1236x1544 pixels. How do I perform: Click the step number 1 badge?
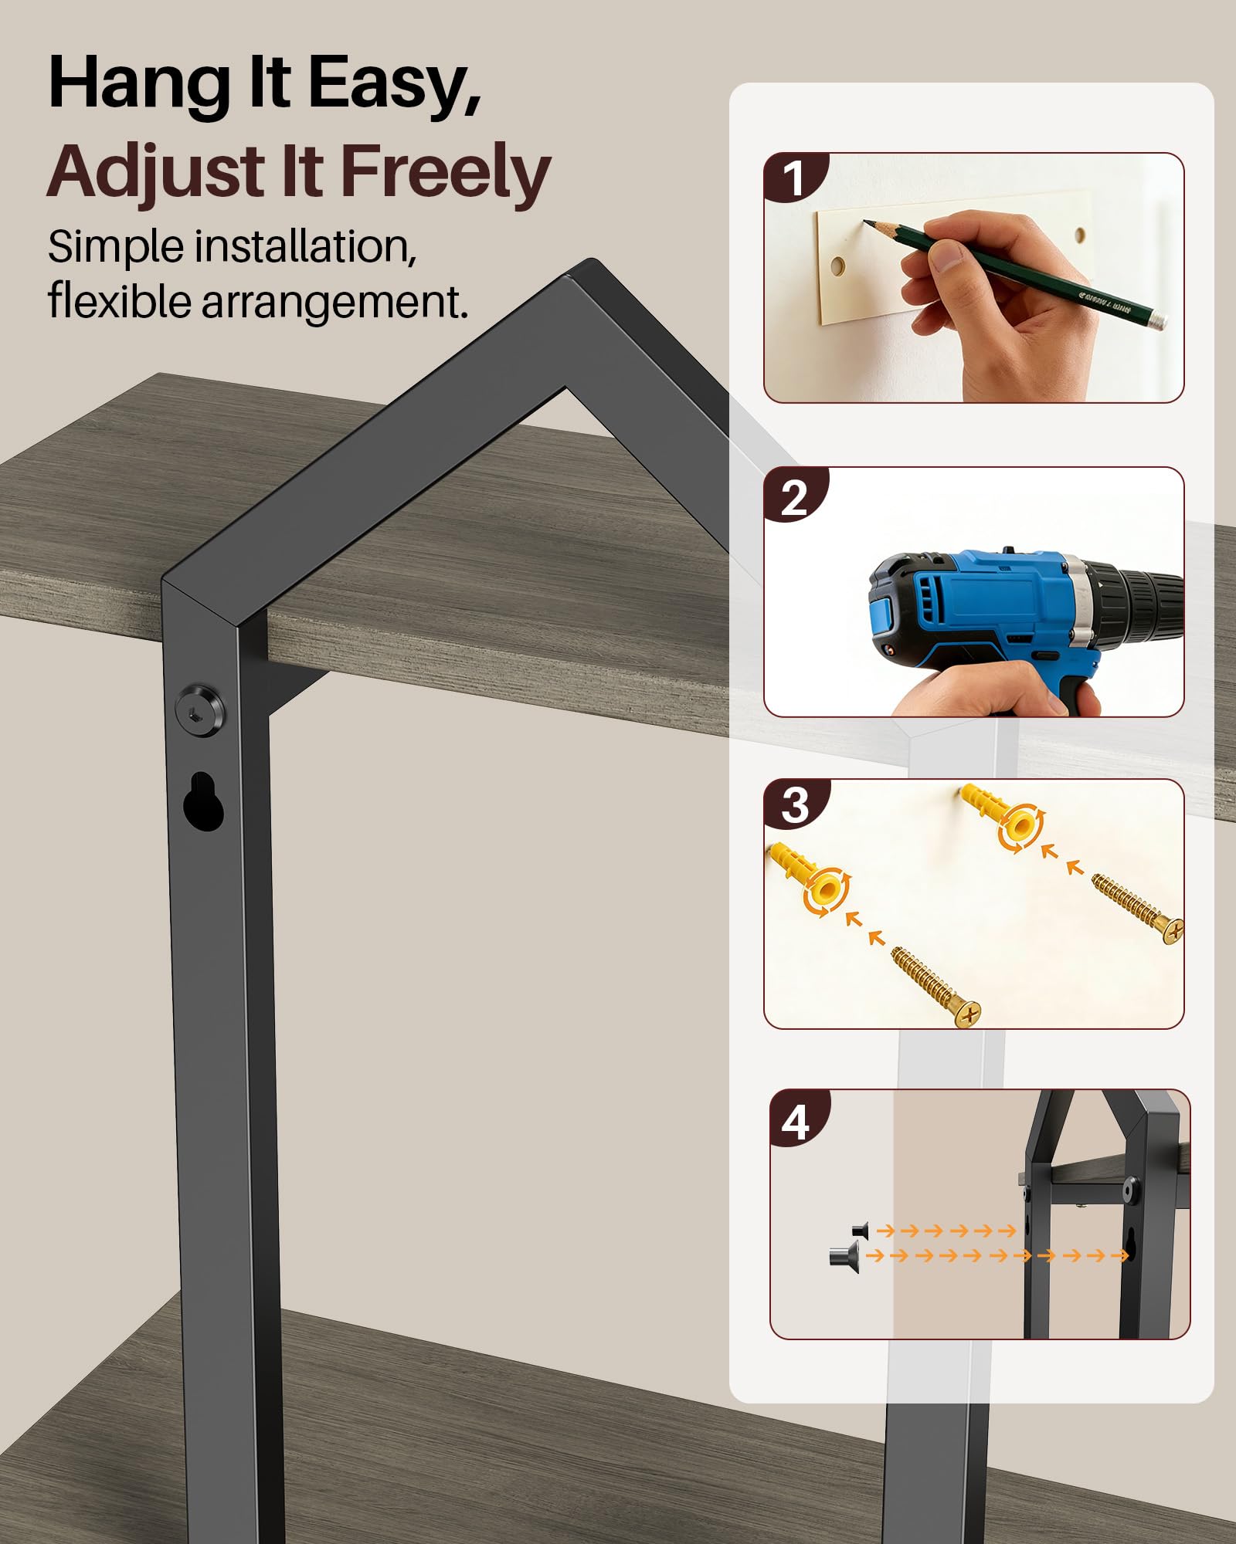point(794,178)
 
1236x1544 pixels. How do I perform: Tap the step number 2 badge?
point(794,496)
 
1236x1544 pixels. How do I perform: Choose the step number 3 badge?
point(795,806)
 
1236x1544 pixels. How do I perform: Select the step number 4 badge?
point(797,1120)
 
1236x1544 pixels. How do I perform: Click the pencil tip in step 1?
point(867,223)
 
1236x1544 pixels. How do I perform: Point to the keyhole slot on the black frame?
point(203,801)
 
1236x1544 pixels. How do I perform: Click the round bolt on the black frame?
point(200,710)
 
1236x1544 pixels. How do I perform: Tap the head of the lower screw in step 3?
point(966,1012)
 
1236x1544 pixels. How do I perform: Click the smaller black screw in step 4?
point(861,1229)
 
